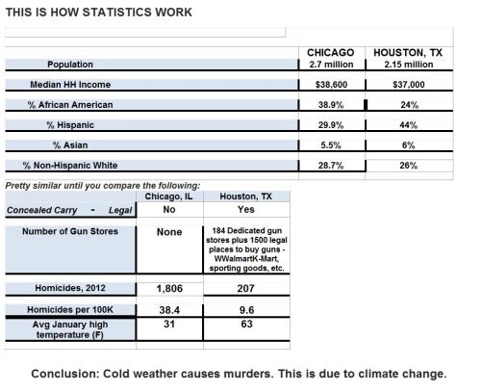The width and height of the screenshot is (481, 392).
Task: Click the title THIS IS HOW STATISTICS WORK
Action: coord(98,12)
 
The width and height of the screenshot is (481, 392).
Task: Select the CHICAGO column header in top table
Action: coord(331,52)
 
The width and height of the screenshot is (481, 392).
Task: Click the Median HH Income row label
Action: coord(70,85)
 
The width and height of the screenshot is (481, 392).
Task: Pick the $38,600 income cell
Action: coord(331,85)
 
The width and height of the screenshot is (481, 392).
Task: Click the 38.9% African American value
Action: coord(331,105)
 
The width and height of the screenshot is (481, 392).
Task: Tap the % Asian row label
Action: coord(70,145)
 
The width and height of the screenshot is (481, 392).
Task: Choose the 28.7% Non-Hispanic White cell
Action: coord(331,166)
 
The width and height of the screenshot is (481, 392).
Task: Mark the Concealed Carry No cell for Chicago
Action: coord(169,208)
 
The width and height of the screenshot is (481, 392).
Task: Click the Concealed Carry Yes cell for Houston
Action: coord(245,208)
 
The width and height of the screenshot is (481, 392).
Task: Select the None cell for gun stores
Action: coord(169,232)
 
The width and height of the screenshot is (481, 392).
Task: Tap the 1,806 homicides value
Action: coord(169,288)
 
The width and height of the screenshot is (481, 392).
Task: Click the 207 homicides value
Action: coord(245,288)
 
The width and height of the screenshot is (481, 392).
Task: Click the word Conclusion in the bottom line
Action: coord(68,374)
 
